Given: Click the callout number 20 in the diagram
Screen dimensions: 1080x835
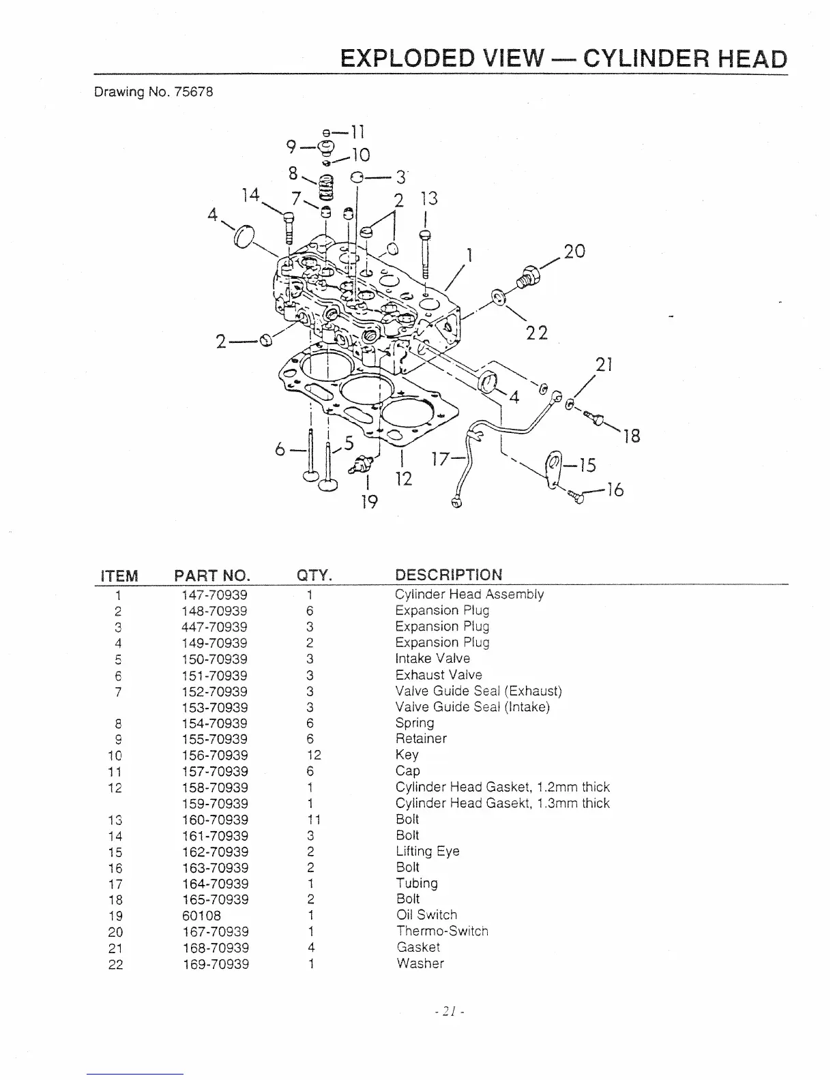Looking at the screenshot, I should pos(574,251).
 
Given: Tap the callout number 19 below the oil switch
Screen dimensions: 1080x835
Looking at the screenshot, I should pos(368,502).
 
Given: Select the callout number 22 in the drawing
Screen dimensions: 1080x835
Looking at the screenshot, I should pos(538,333).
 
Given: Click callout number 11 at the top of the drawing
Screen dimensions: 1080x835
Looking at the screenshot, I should pos(357,130).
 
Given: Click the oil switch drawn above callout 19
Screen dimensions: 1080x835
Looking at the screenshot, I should pos(359,463).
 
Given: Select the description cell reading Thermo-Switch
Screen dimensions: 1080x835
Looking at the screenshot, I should pos(442,931).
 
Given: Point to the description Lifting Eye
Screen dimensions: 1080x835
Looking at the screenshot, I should pos(428,852).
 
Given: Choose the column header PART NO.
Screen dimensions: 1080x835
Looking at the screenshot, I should pos(212,575).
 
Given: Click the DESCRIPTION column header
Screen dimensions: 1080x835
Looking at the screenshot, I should pos(448,575).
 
